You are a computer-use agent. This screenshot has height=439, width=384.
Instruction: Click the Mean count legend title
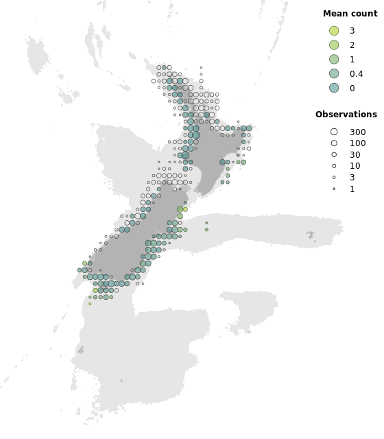coord(350,14)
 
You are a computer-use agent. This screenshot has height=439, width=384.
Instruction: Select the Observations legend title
coord(346,115)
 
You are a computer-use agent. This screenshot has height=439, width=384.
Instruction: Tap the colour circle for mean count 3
coord(334,31)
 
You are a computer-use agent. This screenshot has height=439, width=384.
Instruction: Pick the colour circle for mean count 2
coord(334,45)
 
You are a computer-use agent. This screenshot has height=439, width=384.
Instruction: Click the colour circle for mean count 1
coord(334,60)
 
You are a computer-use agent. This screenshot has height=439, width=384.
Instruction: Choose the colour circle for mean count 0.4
coord(334,74)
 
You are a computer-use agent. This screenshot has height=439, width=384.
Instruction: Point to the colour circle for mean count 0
coord(334,88)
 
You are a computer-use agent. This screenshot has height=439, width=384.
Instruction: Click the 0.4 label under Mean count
coord(356,74)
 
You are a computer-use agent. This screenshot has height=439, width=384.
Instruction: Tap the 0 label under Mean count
coord(352,88)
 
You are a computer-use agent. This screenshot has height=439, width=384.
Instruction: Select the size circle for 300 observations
coord(334,132)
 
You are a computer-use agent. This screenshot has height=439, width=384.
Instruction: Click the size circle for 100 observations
coord(334,143)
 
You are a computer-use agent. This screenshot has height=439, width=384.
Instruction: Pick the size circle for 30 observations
coord(334,155)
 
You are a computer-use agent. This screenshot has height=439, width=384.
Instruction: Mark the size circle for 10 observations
coord(334,166)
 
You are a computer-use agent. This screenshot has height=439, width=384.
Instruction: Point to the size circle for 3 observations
coord(334,178)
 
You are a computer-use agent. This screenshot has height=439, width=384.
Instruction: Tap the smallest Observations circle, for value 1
coord(334,189)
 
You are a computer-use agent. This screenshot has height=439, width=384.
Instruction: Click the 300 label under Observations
coord(357,132)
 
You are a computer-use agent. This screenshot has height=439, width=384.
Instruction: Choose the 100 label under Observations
coord(357,143)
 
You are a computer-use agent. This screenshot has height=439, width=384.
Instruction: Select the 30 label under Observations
coord(355,155)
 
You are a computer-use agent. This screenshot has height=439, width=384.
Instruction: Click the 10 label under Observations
coord(355,166)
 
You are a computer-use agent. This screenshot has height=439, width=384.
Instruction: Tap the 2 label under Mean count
coord(352,45)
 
